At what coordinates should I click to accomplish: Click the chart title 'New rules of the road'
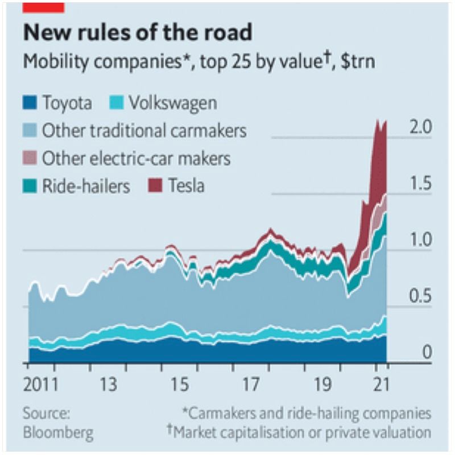(137, 32)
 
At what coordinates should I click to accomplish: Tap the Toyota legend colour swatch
(30, 104)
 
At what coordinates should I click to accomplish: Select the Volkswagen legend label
(172, 104)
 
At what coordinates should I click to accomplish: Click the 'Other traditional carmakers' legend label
(144, 131)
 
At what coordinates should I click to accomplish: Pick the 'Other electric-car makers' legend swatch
(30, 158)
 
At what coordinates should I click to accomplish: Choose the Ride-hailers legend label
(86, 185)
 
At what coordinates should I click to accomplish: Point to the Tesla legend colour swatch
(154, 185)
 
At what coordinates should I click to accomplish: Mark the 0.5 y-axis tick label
(421, 296)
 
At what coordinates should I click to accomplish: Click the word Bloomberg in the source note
(58, 432)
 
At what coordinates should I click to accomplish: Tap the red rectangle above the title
(43, 6)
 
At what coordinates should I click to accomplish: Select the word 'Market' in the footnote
(197, 432)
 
